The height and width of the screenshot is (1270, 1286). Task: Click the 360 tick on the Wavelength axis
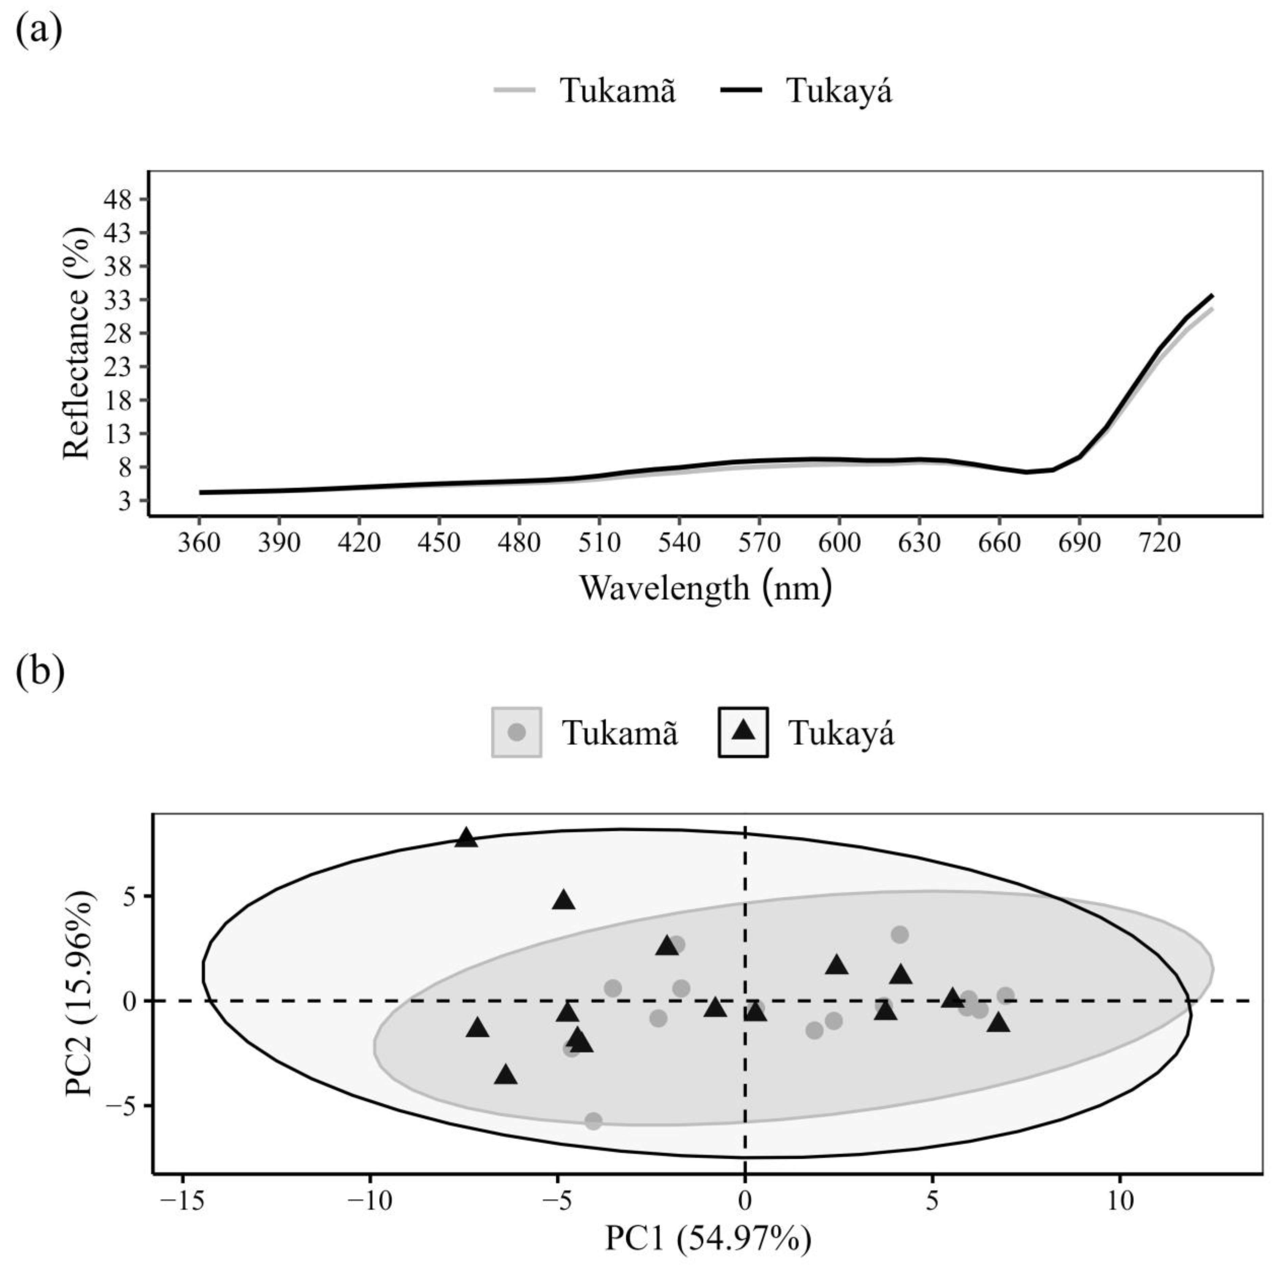(x=199, y=543)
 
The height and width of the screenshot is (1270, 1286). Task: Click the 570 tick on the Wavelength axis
(x=759, y=543)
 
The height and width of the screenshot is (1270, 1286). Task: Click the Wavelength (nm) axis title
(x=706, y=587)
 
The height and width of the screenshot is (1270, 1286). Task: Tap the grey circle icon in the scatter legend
(x=516, y=732)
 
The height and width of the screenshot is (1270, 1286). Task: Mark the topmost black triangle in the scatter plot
(x=467, y=837)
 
